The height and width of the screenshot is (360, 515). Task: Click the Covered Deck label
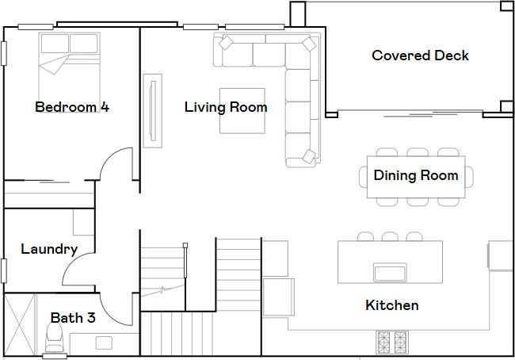click(420, 56)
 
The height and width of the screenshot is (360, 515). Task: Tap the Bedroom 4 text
click(72, 107)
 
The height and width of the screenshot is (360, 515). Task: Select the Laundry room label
click(49, 250)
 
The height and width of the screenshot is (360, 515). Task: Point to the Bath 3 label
click(73, 318)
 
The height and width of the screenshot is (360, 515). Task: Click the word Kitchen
click(392, 305)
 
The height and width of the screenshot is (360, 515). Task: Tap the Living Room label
click(226, 107)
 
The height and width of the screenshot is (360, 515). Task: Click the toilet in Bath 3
click(54, 338)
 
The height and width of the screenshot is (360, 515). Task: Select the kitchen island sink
click(390, 273)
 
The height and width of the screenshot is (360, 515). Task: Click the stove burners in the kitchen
click(392, 343)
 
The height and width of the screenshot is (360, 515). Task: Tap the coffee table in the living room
click(242, 111)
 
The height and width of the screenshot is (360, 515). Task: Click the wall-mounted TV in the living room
click(152, 111)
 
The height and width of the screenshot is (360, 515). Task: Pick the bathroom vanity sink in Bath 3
click(104, 343)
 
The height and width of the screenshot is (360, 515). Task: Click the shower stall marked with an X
click(19, 325)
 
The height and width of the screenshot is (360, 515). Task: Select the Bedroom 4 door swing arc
click(112, 157)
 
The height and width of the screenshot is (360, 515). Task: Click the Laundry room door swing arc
click(74, 263)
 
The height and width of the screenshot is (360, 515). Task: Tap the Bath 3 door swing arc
click(112, 315)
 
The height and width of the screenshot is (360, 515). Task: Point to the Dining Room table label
click(416, 175)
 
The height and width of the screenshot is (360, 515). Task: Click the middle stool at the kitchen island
click(390, 236)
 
